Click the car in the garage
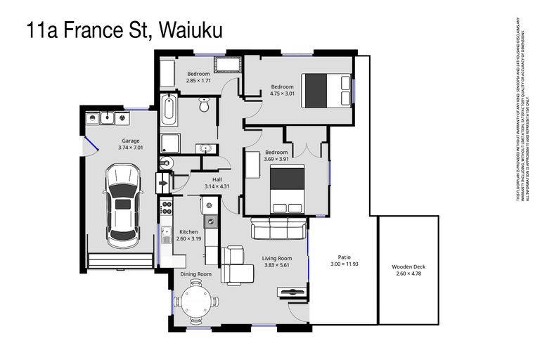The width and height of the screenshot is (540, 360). point(122,204)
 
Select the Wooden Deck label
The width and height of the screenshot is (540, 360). point(409,267)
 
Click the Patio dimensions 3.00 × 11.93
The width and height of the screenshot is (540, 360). point(345,264)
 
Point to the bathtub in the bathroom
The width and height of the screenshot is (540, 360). point(168,110)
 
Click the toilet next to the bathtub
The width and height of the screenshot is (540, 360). point(204,105)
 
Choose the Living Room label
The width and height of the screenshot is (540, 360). point(277,258)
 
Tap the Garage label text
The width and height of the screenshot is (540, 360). point(130,141)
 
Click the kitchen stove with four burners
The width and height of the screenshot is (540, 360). point(167,207)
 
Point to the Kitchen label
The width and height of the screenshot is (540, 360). point(188,231)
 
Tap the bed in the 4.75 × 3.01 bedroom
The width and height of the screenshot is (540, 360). point(326,91)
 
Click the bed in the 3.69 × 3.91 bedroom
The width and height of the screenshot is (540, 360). point(287,188)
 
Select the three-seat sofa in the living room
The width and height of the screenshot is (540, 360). point(279,228)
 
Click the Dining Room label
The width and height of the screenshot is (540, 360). point(195,274)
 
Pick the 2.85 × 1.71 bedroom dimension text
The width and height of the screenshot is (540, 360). point(198,81)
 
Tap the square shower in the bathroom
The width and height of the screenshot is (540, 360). point(169,143)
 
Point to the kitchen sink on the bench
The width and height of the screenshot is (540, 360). point(210,222)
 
